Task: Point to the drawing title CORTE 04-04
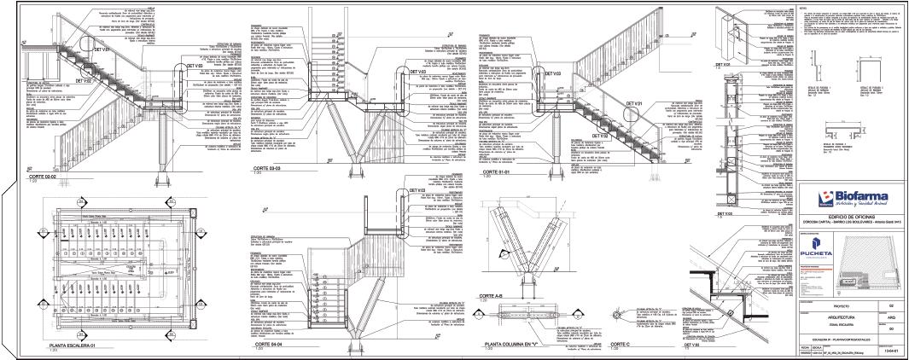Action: [x=266, y=347]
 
